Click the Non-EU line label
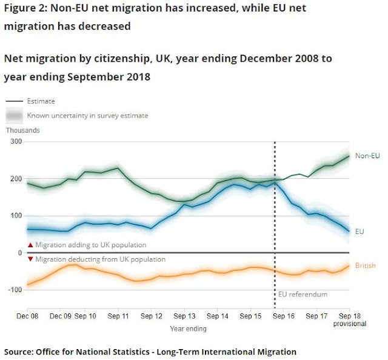coord(367,156)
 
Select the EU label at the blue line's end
coord(360,232)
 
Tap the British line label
coord(366,266)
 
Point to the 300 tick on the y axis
coord(15,142)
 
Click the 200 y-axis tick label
coord(15,179)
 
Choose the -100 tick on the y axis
coord(13,290)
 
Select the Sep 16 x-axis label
coord(283,316)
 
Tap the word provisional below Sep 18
coord(350,324)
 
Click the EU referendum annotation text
coord(303,295)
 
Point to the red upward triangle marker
coord(30,245)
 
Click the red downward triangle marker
coord(30,259)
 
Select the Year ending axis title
coord(188,329)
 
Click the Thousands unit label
coord(22,130)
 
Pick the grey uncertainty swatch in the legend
coord(15,115)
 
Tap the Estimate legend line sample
coord(15,101)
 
